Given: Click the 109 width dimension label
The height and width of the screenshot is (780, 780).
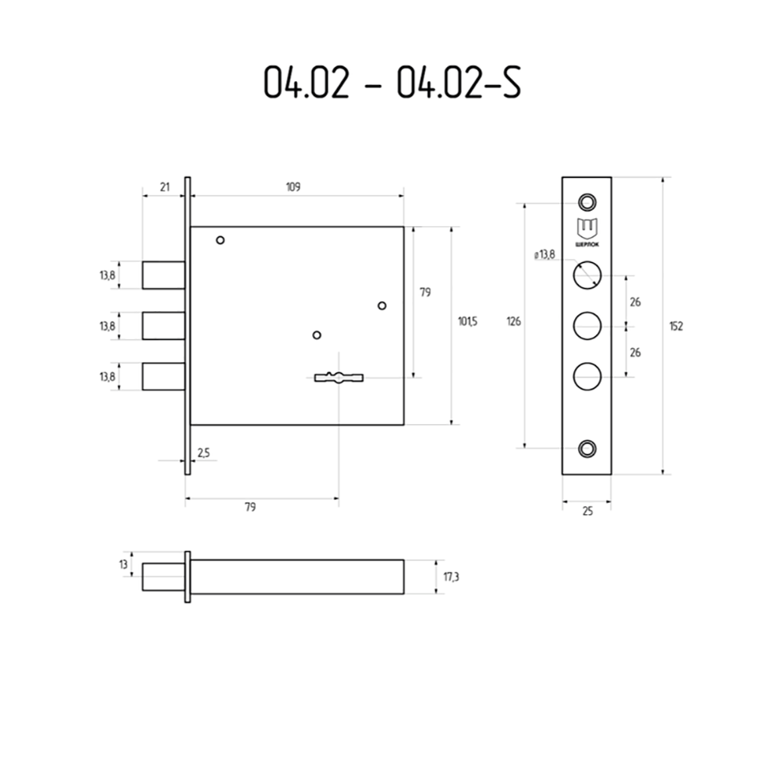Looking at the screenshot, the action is (293, 187).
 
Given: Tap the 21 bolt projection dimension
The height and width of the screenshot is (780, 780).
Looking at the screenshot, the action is (165, 187).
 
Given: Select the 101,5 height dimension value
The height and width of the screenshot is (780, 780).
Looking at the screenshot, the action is (467, 322).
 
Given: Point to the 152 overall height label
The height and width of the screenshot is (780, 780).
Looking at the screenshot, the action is (676, 326).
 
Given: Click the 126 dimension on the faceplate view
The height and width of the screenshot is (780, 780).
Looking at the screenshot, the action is (514, 322).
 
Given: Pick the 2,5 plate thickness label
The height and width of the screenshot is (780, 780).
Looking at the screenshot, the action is (204, 452).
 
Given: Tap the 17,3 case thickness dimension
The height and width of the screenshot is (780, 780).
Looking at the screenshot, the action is (451, 577).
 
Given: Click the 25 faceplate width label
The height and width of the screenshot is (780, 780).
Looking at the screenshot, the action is (587, 512).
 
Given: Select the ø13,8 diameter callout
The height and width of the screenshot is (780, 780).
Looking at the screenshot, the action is (544, 255).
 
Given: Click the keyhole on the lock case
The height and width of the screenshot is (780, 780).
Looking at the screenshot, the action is (339, 378).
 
